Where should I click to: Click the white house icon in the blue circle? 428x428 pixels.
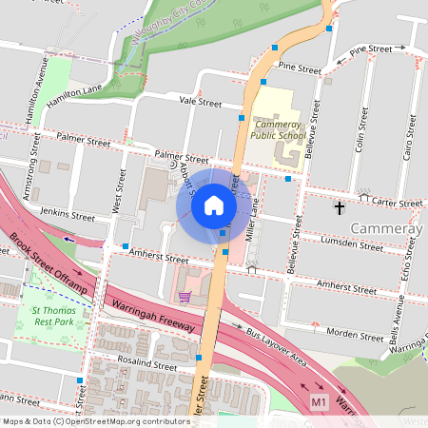(213, 205)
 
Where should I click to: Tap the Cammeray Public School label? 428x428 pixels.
(279, 129)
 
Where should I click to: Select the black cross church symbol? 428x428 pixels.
(339, 206)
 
